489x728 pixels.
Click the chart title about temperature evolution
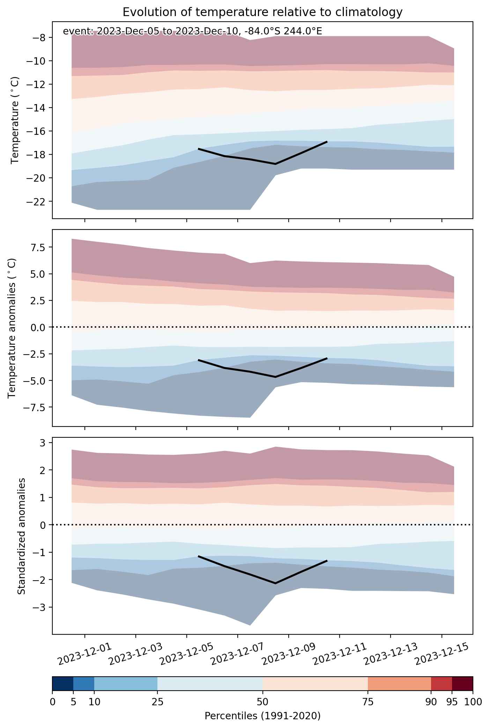click(262, 12)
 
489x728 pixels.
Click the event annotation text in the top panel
click(192, 31)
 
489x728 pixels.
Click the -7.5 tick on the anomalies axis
click(39, 407)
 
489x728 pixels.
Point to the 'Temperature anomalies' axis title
click(12, 328)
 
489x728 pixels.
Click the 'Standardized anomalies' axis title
click(21, 536)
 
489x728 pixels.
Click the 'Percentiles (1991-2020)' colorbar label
click(262, 716)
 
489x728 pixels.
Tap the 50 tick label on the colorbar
click(262, 701)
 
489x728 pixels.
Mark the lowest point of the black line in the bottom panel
click(275, 583)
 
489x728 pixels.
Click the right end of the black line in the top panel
click(327, 141)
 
